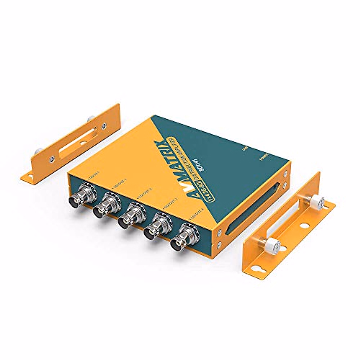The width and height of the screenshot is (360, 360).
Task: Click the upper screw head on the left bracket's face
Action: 104,126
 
